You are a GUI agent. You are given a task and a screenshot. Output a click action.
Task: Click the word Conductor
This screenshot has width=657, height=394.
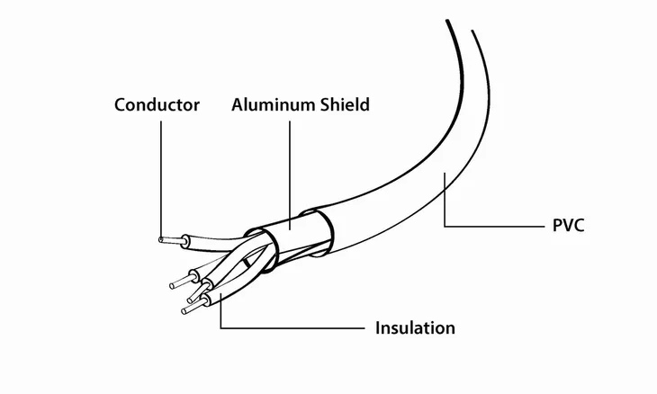click(157, 104)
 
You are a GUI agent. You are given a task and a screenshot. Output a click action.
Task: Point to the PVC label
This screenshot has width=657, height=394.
click(568, 225)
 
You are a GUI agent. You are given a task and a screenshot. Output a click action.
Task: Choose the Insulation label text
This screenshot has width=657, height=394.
click(415, 327)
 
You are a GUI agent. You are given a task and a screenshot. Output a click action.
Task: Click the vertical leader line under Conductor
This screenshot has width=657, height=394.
click(161, 180)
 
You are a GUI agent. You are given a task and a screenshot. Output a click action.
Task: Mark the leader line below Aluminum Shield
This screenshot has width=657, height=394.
click(290, 175)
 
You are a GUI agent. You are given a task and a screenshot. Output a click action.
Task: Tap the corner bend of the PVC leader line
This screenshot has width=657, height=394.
click(445, 226)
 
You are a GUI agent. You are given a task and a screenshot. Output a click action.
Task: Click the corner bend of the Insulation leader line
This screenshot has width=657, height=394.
click(220, 327)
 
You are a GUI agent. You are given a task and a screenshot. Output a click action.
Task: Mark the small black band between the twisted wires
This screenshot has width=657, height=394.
click(247, 263)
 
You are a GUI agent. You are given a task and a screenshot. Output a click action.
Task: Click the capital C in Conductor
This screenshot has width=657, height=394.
click(121, 104)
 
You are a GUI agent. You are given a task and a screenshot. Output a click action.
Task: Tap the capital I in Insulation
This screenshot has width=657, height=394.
click(377, 327)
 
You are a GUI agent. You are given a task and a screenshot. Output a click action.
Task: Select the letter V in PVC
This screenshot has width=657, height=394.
click(568, 225)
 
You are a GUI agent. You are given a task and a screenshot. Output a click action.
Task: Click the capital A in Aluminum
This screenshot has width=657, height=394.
click(238, 104)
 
